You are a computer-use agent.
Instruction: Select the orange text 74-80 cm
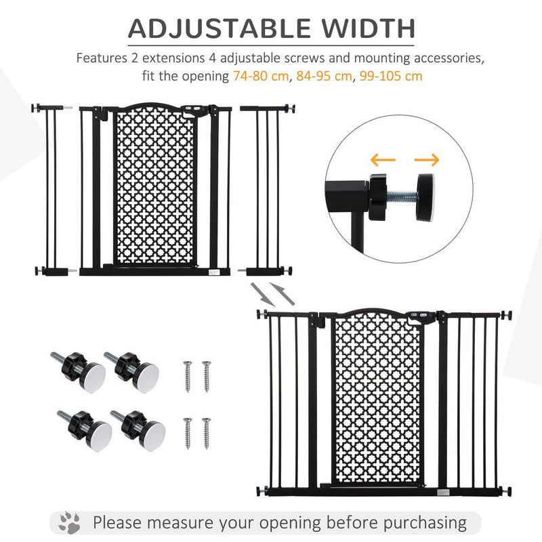pyautogui.click(x=260, y=76)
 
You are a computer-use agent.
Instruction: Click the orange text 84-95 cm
pyautogui.click(x=324, y=76)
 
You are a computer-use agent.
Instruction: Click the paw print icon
pyautogui.click(x=69, y=522)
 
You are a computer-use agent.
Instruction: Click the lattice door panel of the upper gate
pyautogui.click(x=155, y=186)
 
